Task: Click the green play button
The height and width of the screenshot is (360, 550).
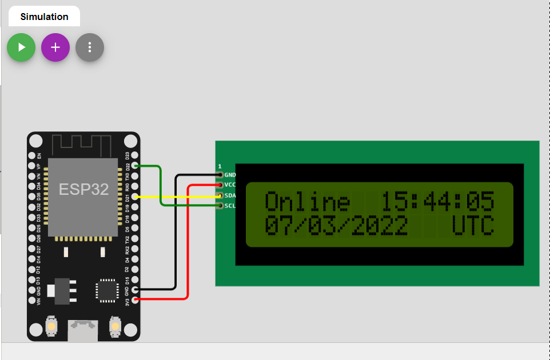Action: point(21,47)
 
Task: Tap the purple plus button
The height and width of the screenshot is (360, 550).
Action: point(55,47)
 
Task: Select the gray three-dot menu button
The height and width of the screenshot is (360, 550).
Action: point(90,47)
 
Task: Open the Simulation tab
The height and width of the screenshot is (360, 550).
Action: point(44,17)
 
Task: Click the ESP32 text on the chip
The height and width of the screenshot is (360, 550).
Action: point(83,190)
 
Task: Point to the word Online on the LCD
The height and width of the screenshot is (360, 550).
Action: point(308,202)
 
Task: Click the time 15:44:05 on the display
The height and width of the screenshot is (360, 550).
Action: point(437,202)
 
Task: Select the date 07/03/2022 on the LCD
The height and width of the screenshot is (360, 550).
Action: point(336,226)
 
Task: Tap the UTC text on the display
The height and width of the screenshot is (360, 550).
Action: point(473,226)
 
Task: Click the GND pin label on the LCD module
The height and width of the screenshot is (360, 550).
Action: point(230,175)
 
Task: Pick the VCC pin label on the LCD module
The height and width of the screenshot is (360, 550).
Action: point(230,185)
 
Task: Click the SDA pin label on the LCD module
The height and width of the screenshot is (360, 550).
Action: point(230,195)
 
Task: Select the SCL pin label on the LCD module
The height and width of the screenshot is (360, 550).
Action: point(230,206)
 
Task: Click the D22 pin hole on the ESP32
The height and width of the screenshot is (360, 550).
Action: point(135,166)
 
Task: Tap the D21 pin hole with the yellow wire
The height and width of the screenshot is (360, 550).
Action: point(135,197)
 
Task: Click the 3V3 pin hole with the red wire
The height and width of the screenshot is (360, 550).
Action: point(135,299)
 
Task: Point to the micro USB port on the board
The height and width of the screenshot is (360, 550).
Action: point(83,330)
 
